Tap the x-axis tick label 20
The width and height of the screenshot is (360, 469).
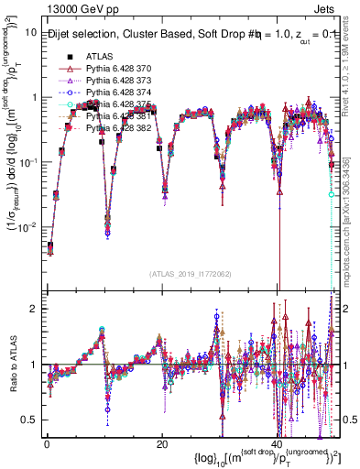pos(161,443)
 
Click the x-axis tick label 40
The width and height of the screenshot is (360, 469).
pos(276,443)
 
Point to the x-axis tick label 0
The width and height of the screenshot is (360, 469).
pos(47,443)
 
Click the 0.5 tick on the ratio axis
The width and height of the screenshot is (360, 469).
pos(29,420)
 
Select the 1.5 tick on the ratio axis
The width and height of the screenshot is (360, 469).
pos(29,336)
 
